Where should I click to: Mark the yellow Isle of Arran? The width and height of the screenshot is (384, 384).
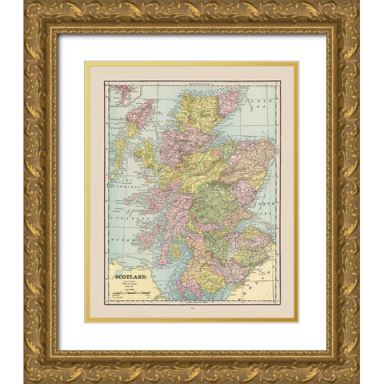pyautogui.click(x=175, y=250)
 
